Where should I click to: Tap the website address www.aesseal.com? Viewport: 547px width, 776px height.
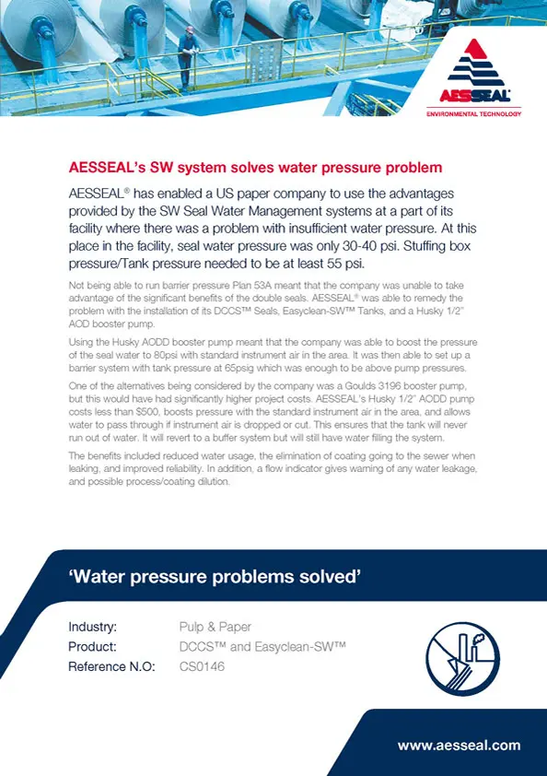coord(459,745)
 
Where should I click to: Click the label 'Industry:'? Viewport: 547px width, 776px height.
coord(92,628)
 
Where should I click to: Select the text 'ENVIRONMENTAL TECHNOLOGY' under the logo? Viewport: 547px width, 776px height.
coord(473,113)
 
